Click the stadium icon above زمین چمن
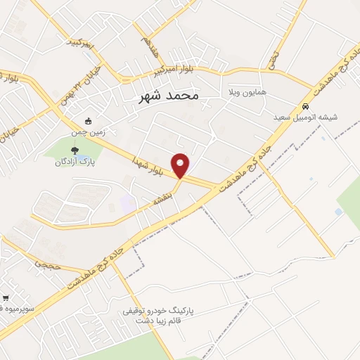(x=88, y=121)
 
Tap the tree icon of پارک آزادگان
(x=75, y=149)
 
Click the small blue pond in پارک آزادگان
(x=84, y=156)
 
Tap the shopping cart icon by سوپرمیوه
(x=6, y=298)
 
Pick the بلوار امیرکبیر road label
(x=172, y=70)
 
